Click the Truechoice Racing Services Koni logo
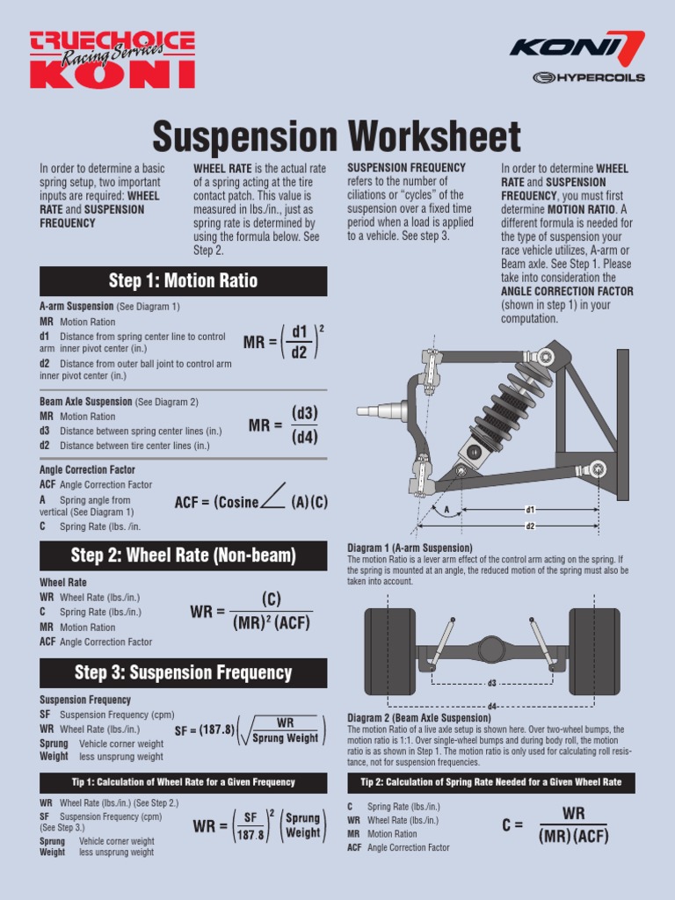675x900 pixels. [112, 59]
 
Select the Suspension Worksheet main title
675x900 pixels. [337, 137]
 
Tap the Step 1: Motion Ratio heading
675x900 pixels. [183, 281]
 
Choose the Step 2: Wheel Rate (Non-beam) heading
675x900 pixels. [183, 555]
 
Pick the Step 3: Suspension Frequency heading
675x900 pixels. [183, 673]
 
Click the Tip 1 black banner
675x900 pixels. [183, 782]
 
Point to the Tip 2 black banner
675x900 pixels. [490, 782]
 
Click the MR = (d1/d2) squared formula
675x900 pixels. [284, 341]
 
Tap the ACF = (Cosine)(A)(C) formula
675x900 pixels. [251, 502]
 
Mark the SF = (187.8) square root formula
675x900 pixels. [250, 730]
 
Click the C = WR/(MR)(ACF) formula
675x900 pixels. [555, 824]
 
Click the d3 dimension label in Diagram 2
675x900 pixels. [492, 683]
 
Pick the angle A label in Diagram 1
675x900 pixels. [446, 509]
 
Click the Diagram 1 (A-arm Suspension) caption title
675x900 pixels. [410, 548]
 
